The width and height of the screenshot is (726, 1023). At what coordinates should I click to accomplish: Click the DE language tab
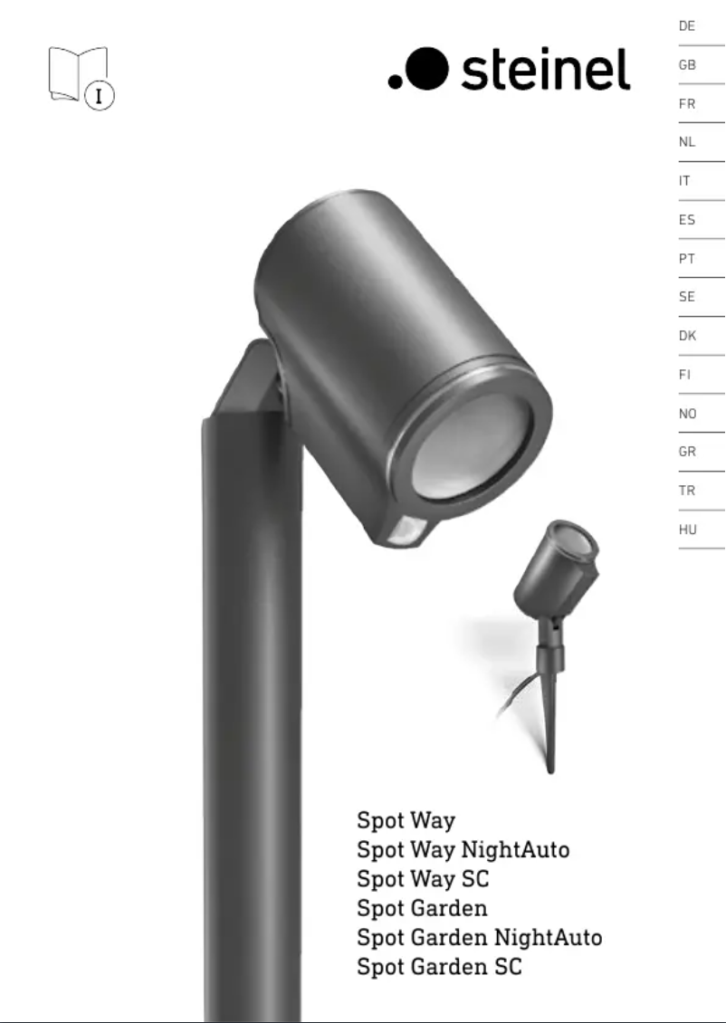click(x=687, y=26)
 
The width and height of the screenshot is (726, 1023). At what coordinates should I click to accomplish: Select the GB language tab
click(x=687, y=65)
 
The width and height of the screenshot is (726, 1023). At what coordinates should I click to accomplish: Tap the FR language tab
click(x=687, y=104)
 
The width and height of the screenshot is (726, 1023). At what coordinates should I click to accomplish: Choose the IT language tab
click(x=684, y=181)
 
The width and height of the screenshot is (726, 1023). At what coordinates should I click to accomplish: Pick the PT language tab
click(x=687, y=259)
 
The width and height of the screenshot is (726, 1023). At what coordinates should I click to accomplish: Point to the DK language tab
click(x=687, y=336)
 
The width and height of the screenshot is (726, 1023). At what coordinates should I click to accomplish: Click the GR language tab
click(x=687, y=452)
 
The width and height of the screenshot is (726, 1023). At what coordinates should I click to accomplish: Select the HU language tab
click(x=687, y=530)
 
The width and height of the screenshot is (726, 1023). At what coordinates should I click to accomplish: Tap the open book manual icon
click(x=81, y=78)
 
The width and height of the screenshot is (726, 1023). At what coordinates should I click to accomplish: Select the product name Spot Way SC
click(x=423, y=879)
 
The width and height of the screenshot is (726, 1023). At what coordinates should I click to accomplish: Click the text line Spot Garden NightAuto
click(x=479, y=937)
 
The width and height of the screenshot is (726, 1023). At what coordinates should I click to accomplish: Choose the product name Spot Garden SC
click(x=439, y=967)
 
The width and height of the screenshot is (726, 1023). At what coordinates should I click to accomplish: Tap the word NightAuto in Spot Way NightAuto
click(x=515, y=849)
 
